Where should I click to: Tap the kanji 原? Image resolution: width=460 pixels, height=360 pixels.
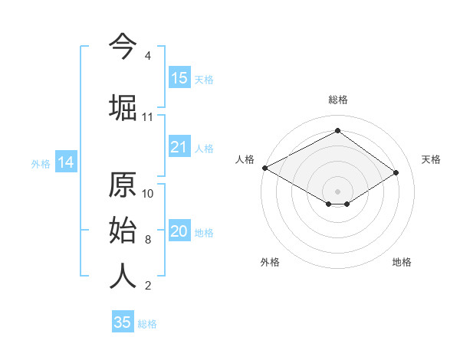(123, 186)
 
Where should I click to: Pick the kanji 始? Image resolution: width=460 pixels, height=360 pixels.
(123, 231)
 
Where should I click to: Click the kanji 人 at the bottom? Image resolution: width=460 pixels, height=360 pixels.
(123, 276)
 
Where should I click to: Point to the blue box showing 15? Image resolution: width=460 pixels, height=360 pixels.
(179, 78)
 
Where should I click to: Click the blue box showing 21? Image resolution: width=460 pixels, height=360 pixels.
(179, 148)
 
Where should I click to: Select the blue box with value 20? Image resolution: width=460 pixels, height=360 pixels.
(179, 232)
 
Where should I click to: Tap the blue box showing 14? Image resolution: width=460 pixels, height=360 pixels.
(65, 162)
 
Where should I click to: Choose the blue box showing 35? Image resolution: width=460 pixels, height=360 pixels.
(123, 322)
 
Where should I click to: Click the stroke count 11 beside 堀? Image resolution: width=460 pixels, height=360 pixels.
(147, 117)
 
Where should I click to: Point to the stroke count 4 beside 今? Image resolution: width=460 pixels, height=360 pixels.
(147, 56)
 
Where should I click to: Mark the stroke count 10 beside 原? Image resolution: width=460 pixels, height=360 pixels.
(148, 193)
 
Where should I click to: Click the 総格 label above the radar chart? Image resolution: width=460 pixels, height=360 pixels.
(337, 100)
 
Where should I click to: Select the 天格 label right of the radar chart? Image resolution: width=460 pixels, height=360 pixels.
(431, 159)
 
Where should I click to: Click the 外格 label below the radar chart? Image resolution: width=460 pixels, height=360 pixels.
(270, 262)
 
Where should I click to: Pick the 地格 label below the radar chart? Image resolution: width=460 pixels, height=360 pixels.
(402, 262)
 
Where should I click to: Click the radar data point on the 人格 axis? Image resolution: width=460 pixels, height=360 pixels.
(264, 168)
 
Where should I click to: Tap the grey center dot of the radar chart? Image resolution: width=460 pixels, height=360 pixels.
(337, 191)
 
